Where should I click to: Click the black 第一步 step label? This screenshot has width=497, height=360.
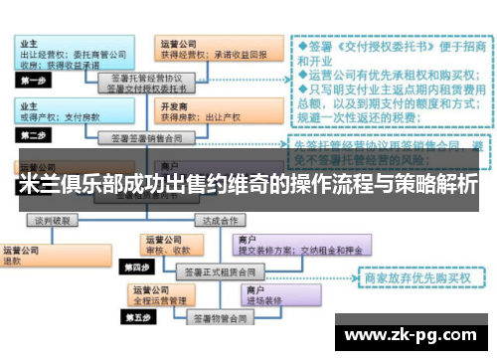pos(37,80)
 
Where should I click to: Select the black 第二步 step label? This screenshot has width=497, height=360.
pos(36,134)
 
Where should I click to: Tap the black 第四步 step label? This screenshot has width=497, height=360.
pos(136,268)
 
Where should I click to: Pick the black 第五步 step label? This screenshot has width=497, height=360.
pos(136,318)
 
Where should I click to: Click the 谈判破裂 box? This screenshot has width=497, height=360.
pos(51,220)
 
